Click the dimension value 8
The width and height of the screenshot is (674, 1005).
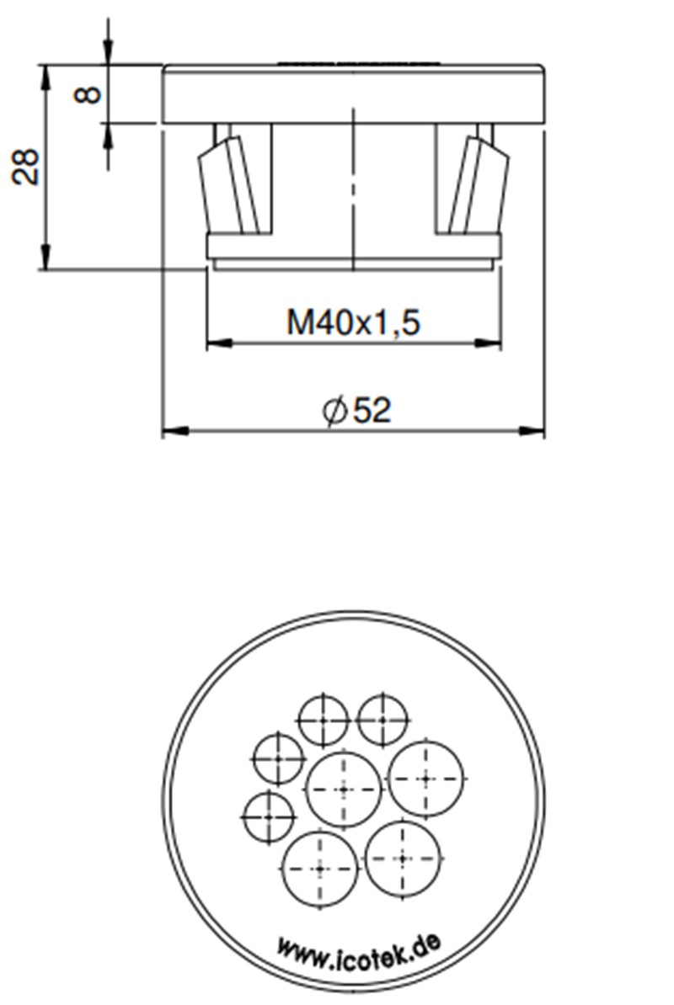coord(88,93)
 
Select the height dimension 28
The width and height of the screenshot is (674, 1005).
coord(26,166)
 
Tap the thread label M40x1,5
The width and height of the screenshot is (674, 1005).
coord(353,322)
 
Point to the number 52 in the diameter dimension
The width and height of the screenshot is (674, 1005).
coord(372,411)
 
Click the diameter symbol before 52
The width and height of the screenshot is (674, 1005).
coord(334,412)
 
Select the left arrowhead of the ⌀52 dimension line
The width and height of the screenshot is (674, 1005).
coord(174,431)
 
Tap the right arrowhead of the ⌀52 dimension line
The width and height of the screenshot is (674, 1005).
coord(532,431)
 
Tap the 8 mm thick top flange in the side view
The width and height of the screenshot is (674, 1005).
coord(353,94)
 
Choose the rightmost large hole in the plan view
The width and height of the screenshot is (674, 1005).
coord(425,779)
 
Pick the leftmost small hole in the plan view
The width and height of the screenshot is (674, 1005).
coord(269,816)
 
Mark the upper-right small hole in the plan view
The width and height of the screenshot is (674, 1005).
coord(382,721)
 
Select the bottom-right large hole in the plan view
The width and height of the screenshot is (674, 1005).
coord(403,859)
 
